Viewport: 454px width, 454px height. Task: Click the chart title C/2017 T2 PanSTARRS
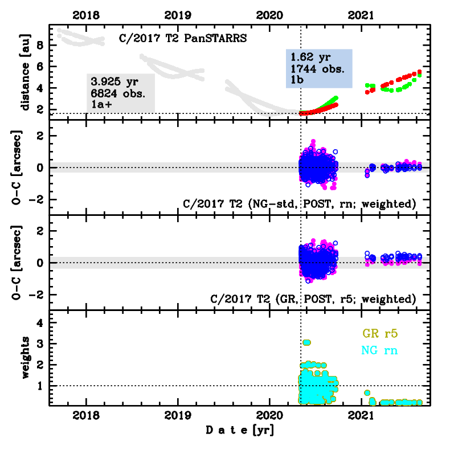[183, 39]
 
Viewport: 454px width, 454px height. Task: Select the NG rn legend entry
[378, 350]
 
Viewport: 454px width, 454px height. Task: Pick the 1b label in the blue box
[297, 80]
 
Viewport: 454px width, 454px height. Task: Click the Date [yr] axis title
[239, 430]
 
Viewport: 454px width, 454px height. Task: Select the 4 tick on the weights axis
[40, 322]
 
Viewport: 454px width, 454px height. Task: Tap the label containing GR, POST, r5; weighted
[313, 298]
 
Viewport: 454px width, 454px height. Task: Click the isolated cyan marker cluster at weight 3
[306, 342]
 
